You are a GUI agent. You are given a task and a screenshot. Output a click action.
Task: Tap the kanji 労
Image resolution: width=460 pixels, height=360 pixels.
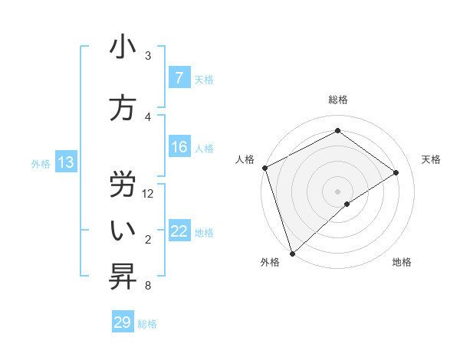(x=123, y=182)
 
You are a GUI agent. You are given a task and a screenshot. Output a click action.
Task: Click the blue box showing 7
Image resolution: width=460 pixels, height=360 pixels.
(x=179, y=78)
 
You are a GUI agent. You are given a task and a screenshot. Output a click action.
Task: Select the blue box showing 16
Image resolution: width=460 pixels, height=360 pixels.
(x=179, y=147)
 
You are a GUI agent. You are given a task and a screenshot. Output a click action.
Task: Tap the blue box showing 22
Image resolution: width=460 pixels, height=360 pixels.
(x=179, y=231)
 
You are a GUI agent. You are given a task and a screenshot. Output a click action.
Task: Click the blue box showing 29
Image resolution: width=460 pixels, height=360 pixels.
(x=123, y=322)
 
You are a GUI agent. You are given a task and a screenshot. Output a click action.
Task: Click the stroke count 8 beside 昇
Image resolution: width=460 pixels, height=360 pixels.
(x=147, y=286)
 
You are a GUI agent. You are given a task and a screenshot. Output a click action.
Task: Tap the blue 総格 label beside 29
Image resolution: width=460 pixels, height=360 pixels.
(x=147, y=324)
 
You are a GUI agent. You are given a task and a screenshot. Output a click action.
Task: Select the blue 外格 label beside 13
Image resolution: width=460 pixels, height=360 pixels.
(x=40, y=163)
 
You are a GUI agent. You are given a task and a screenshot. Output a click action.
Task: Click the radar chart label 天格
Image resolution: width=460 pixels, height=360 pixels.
(x=431, y=159)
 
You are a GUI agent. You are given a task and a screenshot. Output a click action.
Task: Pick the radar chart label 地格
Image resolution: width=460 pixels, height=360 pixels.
(x=402, y=262)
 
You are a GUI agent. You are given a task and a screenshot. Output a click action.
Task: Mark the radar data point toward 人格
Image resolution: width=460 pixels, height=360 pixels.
(x=264, y=168)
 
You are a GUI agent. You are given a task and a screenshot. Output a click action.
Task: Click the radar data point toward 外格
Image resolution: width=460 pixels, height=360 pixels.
(x=291, y=253)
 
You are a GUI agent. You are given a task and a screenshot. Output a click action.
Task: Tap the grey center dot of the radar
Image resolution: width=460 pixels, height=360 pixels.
(x=337, y=191)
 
